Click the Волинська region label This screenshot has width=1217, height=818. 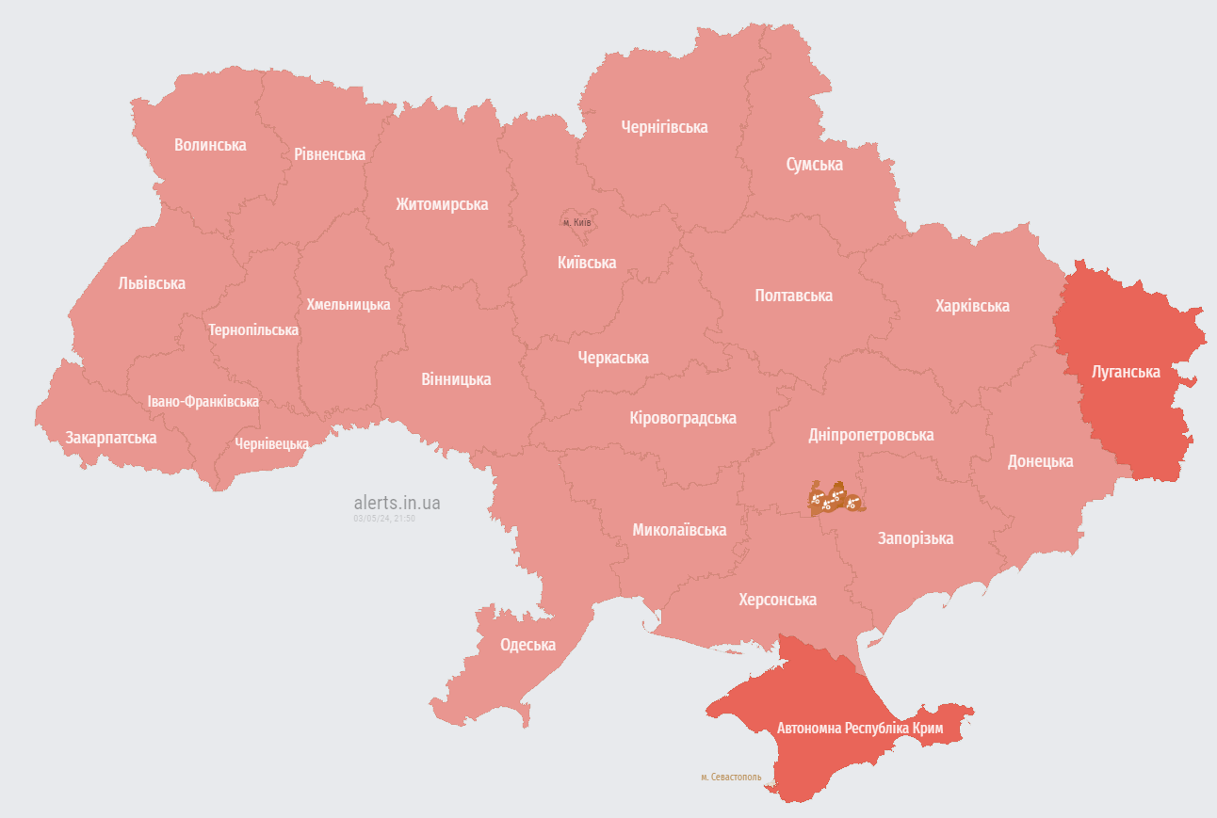(x=210, y=145)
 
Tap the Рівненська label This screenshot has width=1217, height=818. (x=329, y=153)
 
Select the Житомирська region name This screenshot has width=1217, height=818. (x=442, y=204)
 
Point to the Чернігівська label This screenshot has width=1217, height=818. (x=664, y=127)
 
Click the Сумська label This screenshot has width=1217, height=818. (x=814, y=165)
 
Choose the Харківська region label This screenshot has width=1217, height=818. (x=972, y=306)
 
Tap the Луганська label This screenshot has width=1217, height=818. (x=1125, y=372)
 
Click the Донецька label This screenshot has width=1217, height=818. (x=1040, y=461)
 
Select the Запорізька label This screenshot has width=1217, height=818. (x=915, y=538)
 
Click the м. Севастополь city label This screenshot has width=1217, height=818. (x=731, y=778)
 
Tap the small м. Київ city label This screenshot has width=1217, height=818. (x=576, y=222)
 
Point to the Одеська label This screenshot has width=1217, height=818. (x=527, y=645)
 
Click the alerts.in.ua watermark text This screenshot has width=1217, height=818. (x=397, y=503)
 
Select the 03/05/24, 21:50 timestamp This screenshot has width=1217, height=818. (x=384, y=519)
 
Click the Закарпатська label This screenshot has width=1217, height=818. (x=110, y=438)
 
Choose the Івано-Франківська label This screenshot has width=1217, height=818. (x=203, y=402)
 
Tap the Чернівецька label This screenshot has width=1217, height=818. (x=271, y=443)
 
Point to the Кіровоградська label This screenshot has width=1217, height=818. (x=683, y=418)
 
